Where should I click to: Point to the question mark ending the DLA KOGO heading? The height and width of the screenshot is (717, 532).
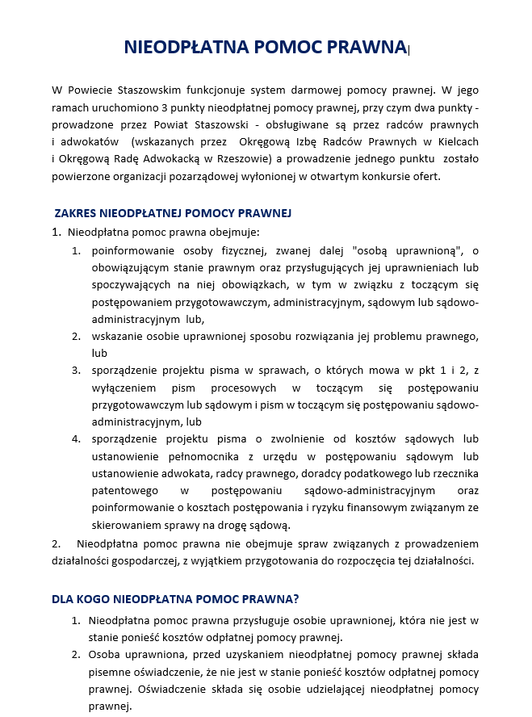click(x=296, y=599)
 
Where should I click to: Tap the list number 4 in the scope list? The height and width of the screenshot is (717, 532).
click(x=75, y=438)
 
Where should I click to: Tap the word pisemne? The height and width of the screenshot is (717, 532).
click(x=109, y=672)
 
